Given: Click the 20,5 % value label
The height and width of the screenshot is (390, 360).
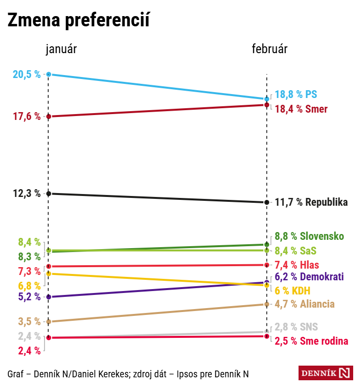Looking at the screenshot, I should click(x=27, y=75).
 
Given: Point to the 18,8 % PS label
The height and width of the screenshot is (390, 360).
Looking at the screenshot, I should click(x=296, y=95).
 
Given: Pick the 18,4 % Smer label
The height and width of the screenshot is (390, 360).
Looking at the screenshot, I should click(x=301, y=109).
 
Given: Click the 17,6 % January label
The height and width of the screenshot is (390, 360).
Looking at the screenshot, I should click(x=27, y=117).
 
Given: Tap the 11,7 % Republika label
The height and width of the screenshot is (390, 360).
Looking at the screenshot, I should click(x=311, y=202).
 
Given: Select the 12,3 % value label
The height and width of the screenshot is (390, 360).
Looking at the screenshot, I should click(x=27, y=194).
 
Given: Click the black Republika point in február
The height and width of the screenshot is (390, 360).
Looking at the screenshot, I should click(x=266, y=202).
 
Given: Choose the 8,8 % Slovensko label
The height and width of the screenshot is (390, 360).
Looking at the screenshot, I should click(x=309, y=236).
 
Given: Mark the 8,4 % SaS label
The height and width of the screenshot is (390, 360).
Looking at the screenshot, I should click(x=296, y=251).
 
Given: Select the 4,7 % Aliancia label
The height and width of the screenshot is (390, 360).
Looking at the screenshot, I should click(x=305, y=304).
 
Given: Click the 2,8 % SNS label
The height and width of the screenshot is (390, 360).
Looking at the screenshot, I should click(x=296, y=327).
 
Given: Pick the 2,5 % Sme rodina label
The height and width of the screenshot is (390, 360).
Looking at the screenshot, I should click(x=311, y=341).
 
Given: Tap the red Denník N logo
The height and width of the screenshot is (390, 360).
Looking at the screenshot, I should click(x=325, y=373).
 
